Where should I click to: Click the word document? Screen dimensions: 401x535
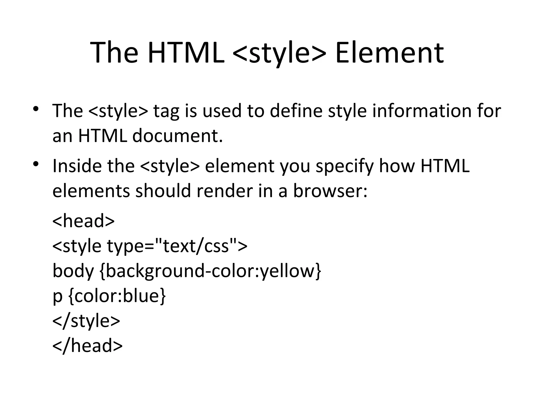click(x=178, y=136)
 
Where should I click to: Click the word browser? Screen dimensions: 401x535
click(x=330, y=191)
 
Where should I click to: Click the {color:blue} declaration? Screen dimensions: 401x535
click(x=117, y=296)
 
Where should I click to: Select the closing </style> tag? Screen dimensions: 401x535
click(x=86, y=321)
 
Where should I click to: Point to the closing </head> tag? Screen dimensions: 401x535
click(x=88, y=346)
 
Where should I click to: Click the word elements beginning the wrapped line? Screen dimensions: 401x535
click(x=91, y=191)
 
